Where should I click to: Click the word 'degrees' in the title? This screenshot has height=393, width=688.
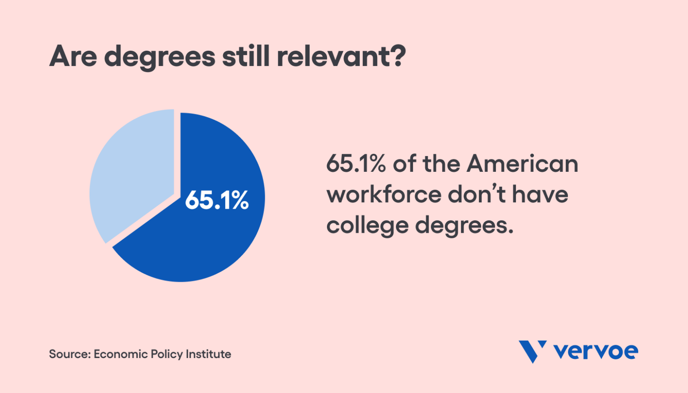click(x=159, y=57)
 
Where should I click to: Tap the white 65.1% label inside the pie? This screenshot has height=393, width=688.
click(x=217, y=200)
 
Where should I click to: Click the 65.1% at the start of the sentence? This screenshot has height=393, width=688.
click(x=356, y=164)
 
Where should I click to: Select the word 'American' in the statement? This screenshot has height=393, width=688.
click(x=522, y=164)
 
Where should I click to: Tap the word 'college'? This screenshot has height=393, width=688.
click(x=367, y=226)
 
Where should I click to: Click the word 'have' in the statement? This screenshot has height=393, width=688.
click(x=540, y=194)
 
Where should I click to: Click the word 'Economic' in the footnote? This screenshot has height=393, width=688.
click(x=120, y=354)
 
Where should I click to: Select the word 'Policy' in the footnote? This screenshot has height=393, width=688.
click(x=167, y=354)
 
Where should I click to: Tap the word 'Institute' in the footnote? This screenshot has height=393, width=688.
click(x=208, y=354)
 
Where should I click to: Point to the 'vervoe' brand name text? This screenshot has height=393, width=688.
click(x=596, y=351)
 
